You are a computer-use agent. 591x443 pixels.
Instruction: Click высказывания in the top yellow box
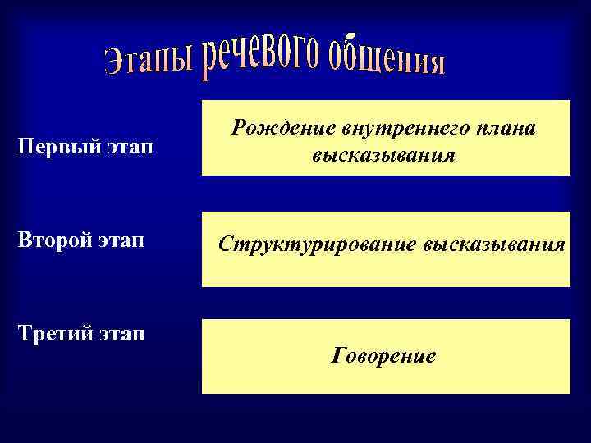(x=383, y=153)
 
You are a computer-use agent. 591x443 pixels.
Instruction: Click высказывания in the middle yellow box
(x=495, y=244)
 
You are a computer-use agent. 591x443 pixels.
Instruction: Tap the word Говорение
(x=383, y=357)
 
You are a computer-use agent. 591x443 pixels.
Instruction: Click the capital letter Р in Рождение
(x=238, y=128)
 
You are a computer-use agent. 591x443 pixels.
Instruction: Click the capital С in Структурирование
(x=224, y=244)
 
